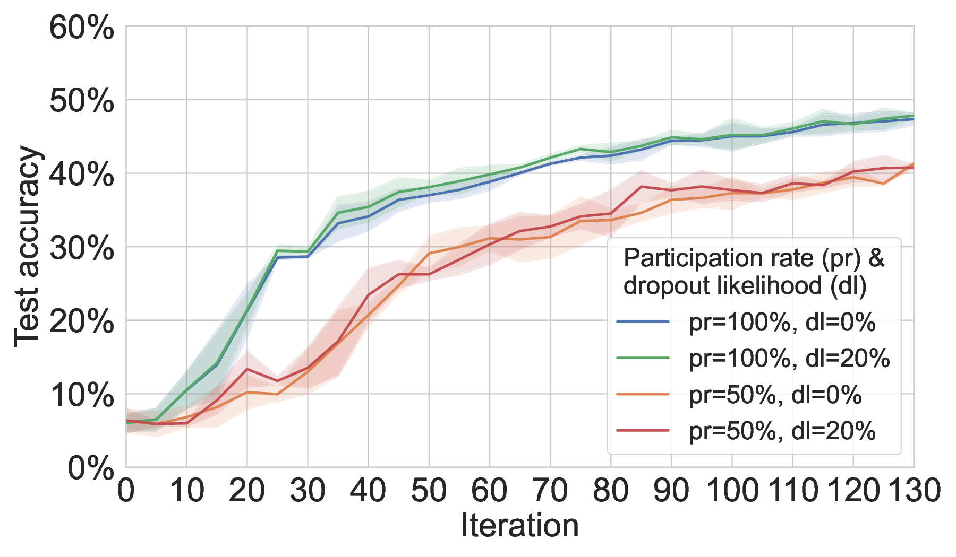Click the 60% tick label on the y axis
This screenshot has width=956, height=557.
(x=81, y=28)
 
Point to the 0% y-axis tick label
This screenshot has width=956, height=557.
(x=91, y=469)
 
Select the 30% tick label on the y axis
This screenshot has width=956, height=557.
(x=81, y=248)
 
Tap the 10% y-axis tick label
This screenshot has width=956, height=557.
(x=81, y=395)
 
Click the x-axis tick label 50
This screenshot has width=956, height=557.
(x=429, y=491)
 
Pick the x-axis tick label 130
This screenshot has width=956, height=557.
(x=914, y=491)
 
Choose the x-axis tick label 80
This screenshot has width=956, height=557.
(x=611, y=491)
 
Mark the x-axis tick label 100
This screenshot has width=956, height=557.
(x=732, y=491)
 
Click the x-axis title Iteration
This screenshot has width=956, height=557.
(x=519, y=526)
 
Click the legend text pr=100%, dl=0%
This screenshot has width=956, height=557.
(x=782, y=322)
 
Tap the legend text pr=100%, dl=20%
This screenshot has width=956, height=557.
(x=789, y=359)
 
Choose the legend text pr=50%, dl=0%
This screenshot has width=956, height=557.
(x=775, y=395)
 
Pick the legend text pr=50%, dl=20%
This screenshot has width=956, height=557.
(x=782, y=431)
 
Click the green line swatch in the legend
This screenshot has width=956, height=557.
(x=643, y=358)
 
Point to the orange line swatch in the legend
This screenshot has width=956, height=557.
(x=643, y=395)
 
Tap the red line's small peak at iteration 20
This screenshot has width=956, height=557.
(x=247, y=369)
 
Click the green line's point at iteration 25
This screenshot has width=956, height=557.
(x=277, y=250)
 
